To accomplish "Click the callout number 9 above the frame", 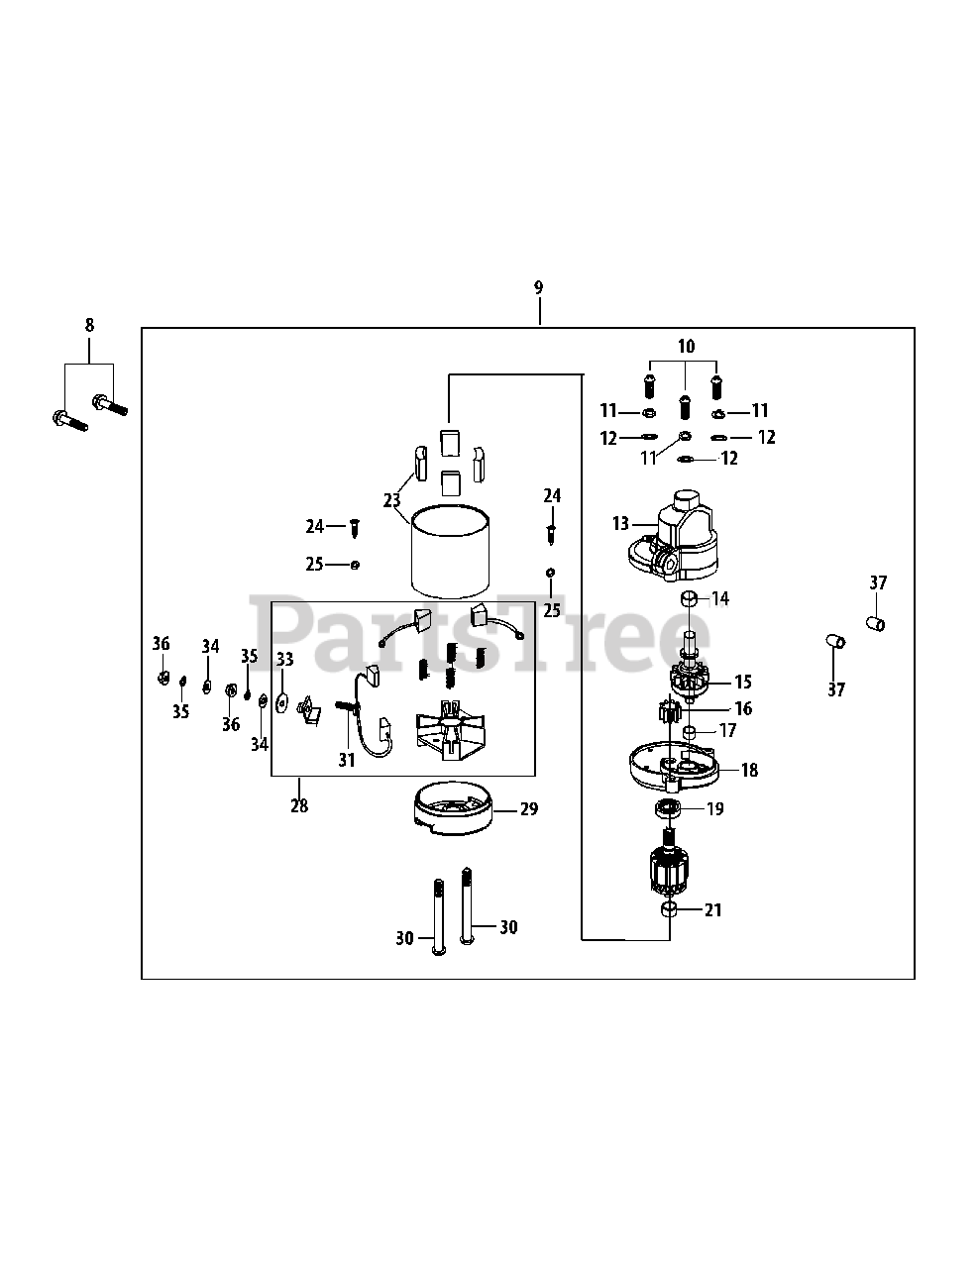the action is point(538,287).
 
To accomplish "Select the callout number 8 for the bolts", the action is point(89,324).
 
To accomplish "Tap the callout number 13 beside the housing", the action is point(620,523).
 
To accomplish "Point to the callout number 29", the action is point(529,809).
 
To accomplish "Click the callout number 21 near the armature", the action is point(714,908).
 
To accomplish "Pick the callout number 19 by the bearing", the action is point(714,808).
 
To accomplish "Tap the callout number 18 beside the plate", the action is point(749,770).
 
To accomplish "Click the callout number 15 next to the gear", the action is point(742,682).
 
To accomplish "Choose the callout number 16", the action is point(742,708).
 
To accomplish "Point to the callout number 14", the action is point(720,598).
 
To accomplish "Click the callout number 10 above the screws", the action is point(686,346).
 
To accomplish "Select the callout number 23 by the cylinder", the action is point(392,500).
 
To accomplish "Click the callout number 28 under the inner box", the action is point(299,805).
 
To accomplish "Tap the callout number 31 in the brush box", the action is point(346,760).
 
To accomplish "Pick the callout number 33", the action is point(284,658).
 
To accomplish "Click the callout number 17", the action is point(727,731).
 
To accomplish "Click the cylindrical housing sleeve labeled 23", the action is point(451,554).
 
